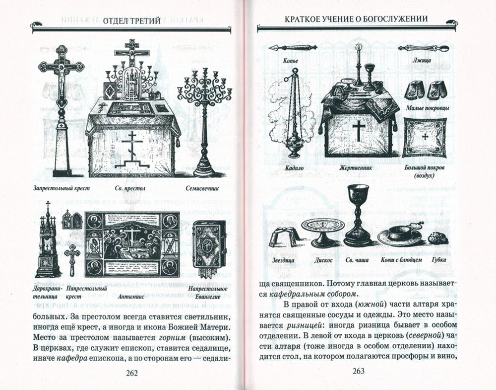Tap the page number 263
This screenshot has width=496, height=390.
[358, 372]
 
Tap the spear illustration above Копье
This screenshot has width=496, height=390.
[292, 48]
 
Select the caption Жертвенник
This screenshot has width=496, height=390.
[356, 168]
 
